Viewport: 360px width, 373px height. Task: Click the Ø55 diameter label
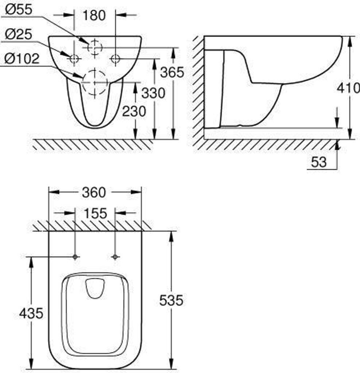pos(19,10)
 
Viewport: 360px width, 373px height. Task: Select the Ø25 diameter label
pos(18,34)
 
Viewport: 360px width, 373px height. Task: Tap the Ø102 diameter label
pos(22,59)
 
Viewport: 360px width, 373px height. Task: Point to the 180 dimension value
pos(94,15)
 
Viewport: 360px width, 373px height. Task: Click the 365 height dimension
pos(172,72)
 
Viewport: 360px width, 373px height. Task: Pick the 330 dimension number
pos(153,93)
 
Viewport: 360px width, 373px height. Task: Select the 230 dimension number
pos(134,111)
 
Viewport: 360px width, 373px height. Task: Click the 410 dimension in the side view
pos(348,88)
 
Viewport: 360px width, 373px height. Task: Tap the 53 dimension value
pos(319,162)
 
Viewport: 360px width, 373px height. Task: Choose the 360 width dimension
pos(94,192)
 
